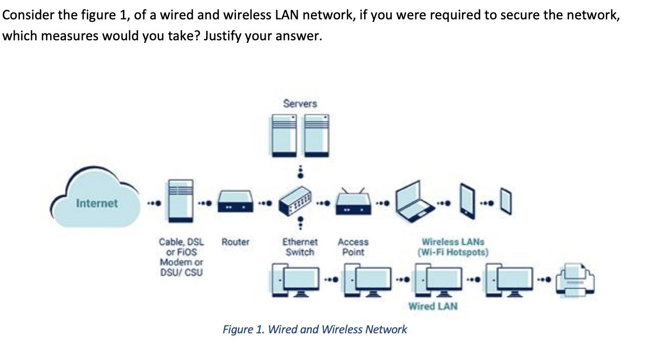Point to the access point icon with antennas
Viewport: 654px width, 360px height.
(353, 202)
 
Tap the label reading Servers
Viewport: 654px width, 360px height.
(300, 104)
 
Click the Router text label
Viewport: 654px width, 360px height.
(235, 242)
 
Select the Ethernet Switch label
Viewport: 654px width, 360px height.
(300, 247)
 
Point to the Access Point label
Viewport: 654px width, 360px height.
(353, 247)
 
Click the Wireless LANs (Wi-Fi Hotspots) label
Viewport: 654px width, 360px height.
(453, 247)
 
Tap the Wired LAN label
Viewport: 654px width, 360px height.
(433, 306)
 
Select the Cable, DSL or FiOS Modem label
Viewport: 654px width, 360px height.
(181, 257)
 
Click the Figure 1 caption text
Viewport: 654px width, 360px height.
(314, 330)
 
